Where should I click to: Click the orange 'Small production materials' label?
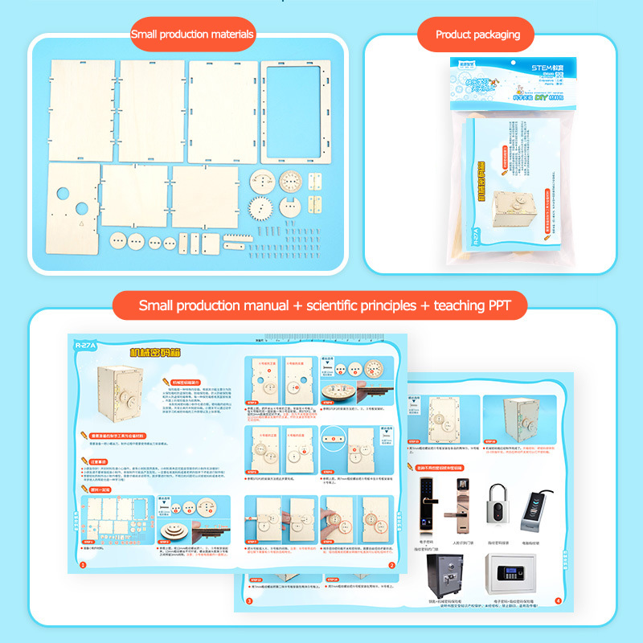[x=192, y=35]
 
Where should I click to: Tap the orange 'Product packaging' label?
[x=477, y=35]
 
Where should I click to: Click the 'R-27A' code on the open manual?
[x=84, y=346]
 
